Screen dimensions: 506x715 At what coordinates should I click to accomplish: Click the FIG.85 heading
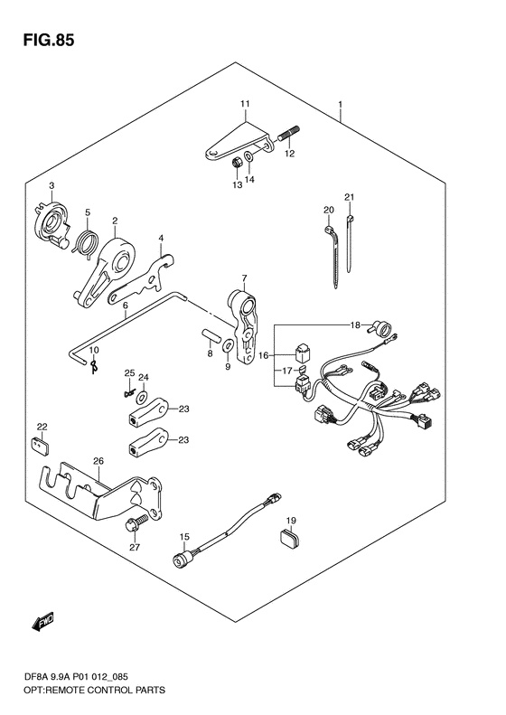click(x=48, y=41)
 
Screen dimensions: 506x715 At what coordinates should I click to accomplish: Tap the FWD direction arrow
click(x=42, y=623)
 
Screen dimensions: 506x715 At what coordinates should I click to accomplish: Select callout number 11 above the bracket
click(x=245, y=104)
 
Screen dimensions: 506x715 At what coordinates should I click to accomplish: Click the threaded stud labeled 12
click(x=288, y=133)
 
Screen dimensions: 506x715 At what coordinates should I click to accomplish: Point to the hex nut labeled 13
click(x=237, y=162)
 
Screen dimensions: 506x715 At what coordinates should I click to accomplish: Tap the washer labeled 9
click(x=228, y=345)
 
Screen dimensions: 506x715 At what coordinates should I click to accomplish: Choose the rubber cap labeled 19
click(x=287, y=537)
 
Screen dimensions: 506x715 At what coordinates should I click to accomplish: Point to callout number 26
click(x=98, y=461)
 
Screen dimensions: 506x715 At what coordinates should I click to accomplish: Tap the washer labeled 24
click(x=142, y=395)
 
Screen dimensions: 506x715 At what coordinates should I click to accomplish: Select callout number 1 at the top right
click(x=340, y=105)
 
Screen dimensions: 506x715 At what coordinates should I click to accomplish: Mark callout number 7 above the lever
click(x=244, y=278)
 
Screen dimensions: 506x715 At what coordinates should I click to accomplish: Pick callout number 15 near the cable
click(x=183, y=537)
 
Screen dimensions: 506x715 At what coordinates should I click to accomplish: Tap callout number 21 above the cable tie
click(x=349, y=197)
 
